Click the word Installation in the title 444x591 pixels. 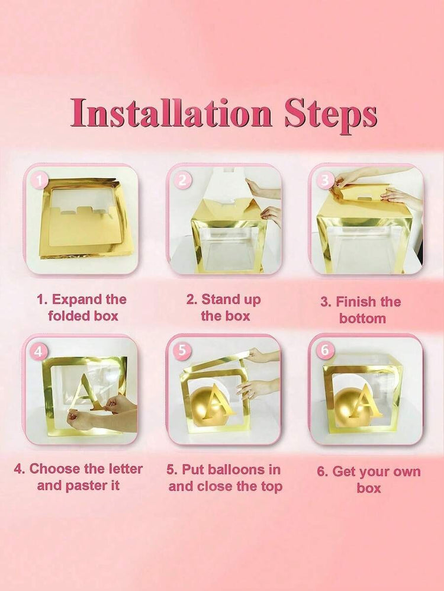170,113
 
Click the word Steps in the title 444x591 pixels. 330,114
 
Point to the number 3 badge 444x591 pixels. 325,181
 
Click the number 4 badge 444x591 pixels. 38,351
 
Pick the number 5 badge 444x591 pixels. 182,350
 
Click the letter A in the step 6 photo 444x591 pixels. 362,400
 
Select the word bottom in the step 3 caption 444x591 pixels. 362,319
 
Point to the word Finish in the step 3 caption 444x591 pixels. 352,302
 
